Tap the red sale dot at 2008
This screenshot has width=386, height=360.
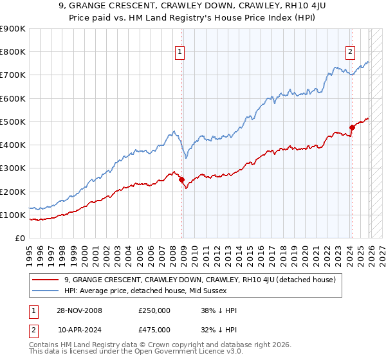coord(181,180)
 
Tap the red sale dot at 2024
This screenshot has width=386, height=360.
coord(352,127)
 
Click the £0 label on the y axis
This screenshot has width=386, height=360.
coord(19,238)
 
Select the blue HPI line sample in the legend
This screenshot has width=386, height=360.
coord(46,290)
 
